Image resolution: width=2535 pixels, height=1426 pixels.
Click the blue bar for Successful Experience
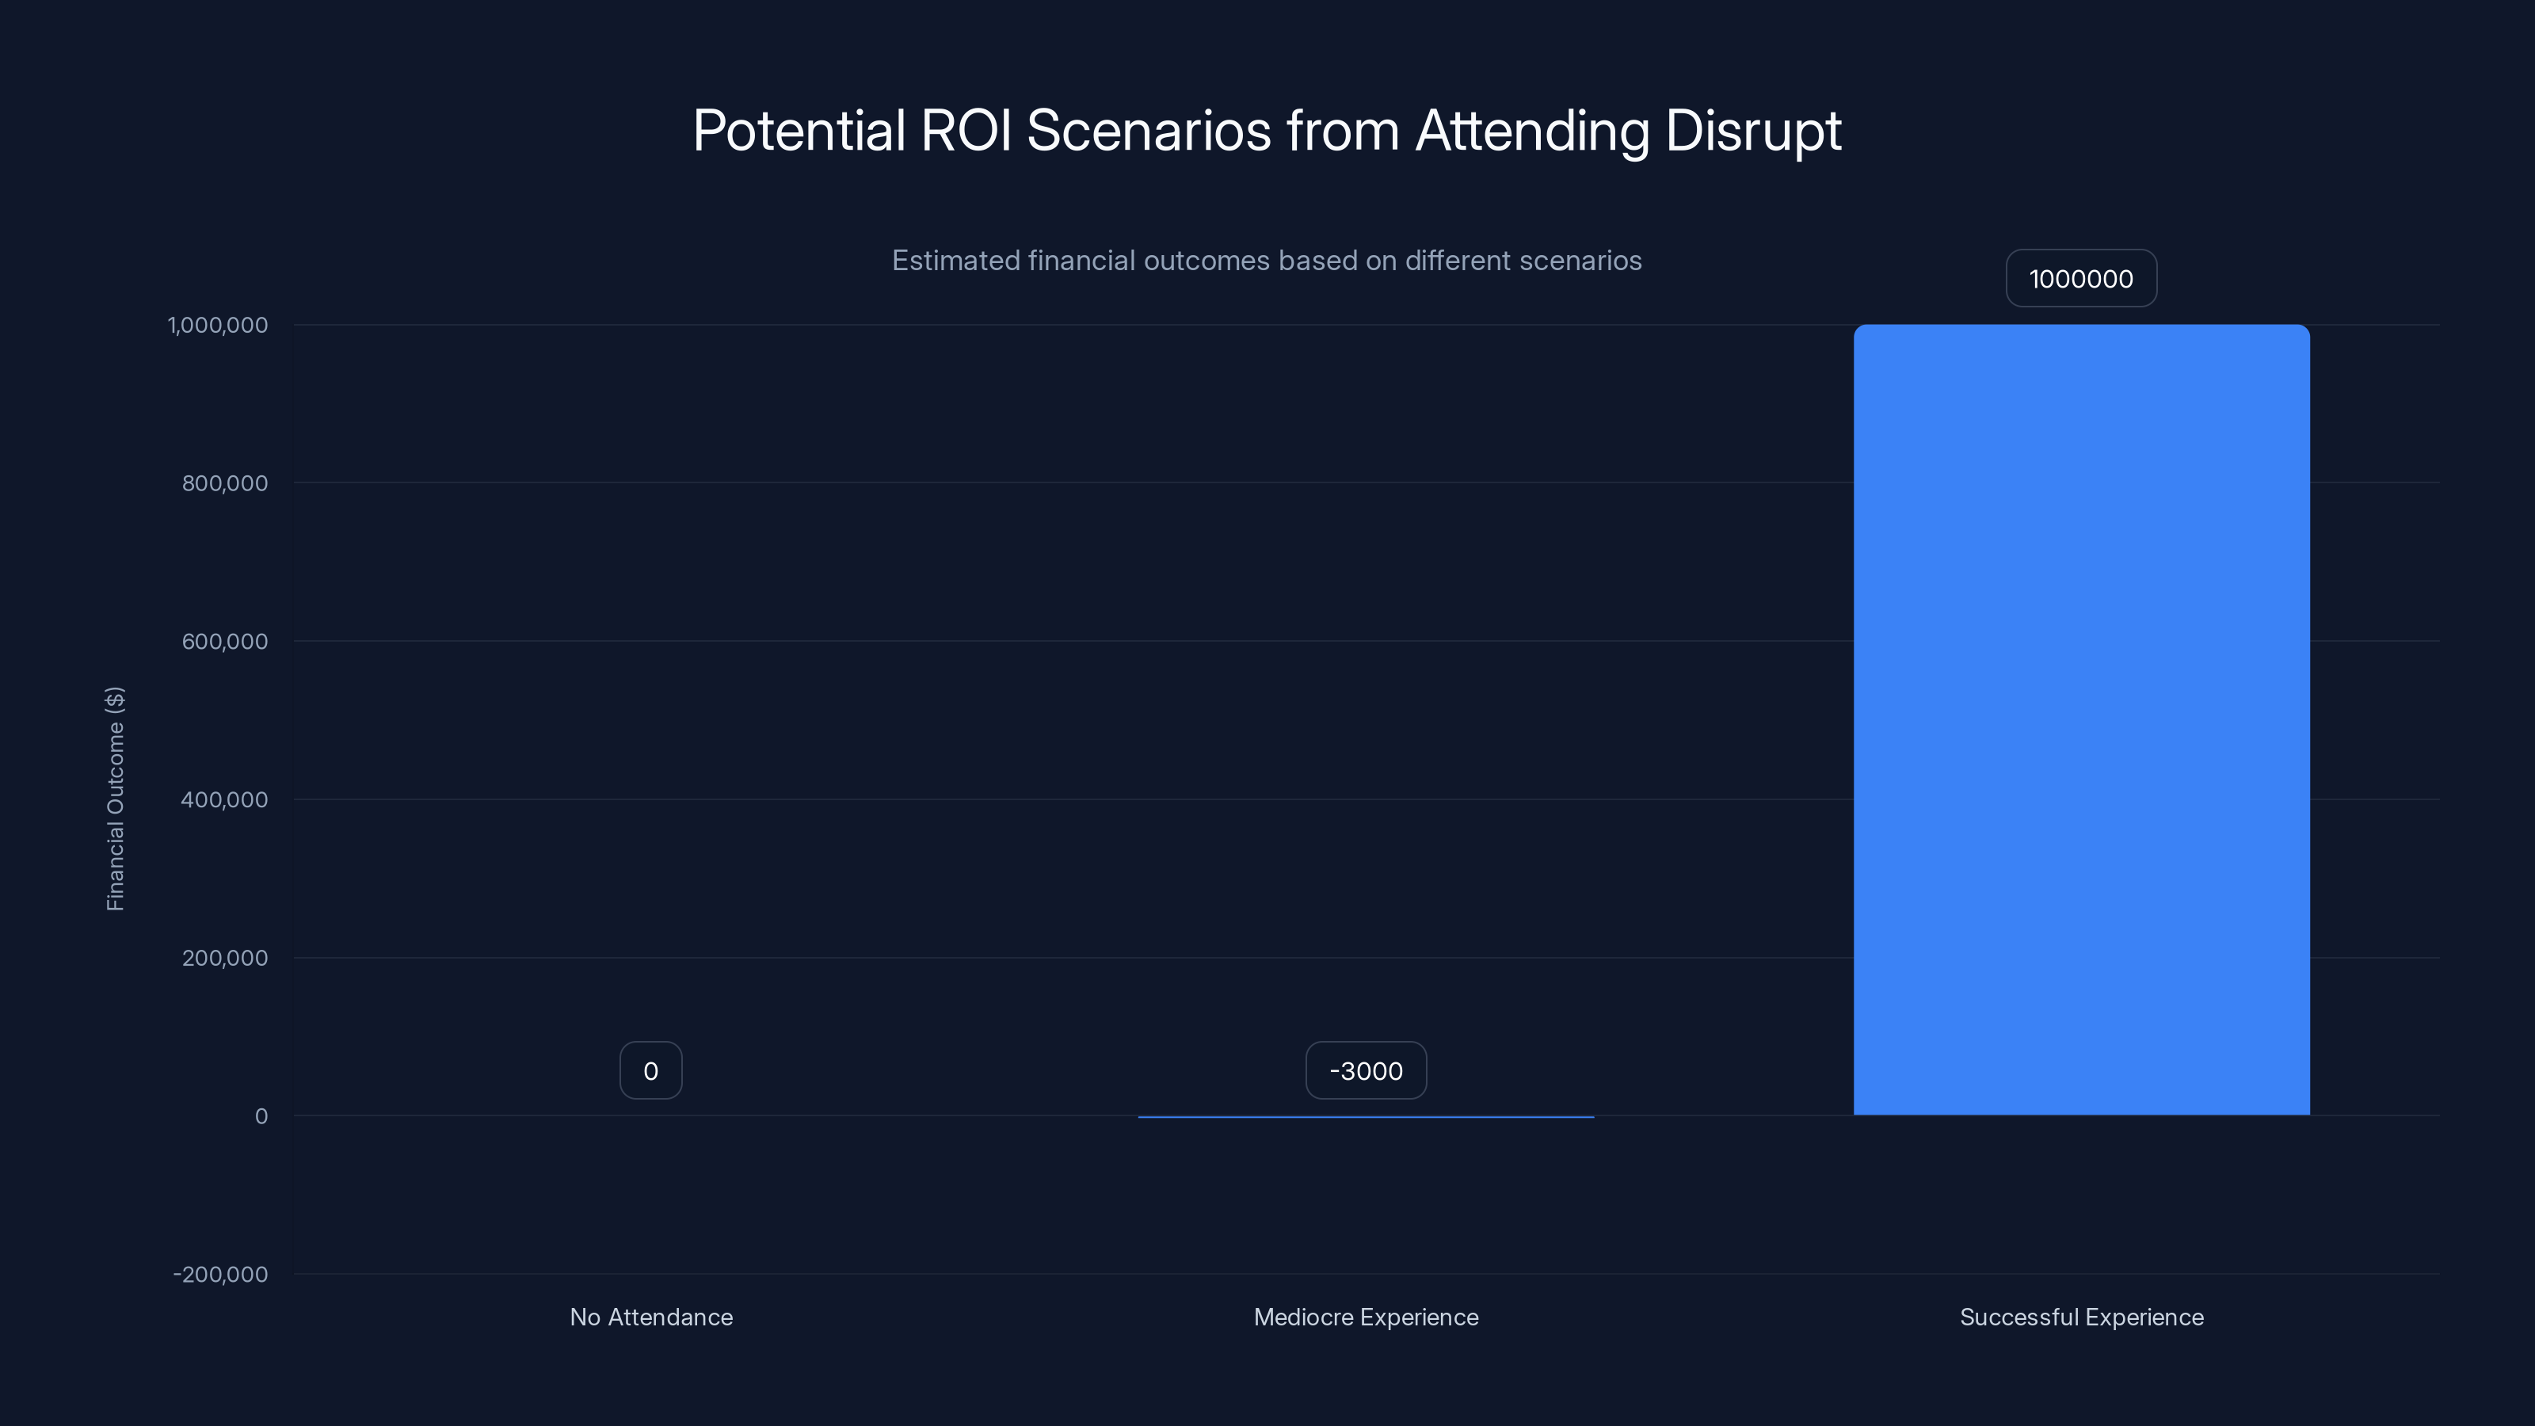2081,719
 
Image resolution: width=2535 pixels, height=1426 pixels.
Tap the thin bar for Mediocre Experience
1366,1117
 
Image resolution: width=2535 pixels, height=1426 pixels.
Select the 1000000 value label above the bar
2081,279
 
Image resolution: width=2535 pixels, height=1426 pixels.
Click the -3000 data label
1366,1071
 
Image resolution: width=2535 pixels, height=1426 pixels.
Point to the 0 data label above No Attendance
650,1071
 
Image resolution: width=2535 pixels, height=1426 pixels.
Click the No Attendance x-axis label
650,1317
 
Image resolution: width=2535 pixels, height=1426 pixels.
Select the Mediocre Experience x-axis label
1366,1317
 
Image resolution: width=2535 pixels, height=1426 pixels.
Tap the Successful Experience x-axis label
2081,1317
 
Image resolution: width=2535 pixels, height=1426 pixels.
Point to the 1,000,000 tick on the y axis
218,325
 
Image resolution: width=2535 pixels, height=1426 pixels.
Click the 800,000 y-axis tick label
224,483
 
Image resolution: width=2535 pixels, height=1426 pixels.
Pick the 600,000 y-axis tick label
224,642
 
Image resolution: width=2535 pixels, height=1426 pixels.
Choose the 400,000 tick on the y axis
224,800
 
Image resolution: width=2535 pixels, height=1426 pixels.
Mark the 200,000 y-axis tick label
224,958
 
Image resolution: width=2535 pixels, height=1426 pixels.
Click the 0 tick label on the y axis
261,1116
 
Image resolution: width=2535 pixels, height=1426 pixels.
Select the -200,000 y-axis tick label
220,1275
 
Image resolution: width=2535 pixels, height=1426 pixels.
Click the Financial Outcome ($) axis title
115,799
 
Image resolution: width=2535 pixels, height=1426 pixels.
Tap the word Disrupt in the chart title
1752,131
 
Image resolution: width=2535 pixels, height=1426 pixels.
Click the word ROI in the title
966,131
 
